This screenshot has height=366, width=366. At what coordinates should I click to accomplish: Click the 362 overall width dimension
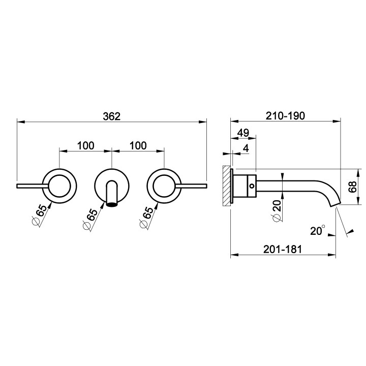(x=111, y=116)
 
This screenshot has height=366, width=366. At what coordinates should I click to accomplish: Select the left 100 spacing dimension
(x=86, y=146)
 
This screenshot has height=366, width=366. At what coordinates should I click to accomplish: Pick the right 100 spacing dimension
(x=138, y=146)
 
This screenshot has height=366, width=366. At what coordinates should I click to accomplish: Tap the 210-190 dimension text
(x=285, y=116)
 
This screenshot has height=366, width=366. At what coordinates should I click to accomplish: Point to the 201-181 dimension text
(x=283, y=249)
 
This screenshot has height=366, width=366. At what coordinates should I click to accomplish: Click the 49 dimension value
(x=243, y=133)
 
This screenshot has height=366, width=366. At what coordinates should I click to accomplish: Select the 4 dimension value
(x=246, y=148)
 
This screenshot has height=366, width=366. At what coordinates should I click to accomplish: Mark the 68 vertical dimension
(x=353, y=187)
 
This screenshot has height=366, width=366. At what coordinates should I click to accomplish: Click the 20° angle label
(x=317, y=231)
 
